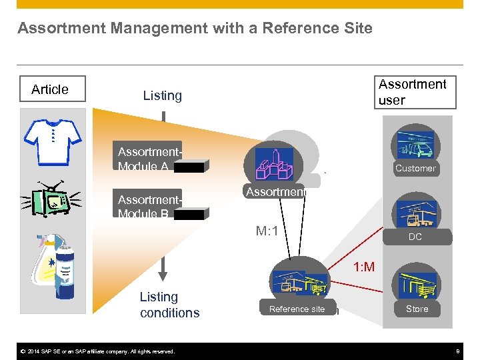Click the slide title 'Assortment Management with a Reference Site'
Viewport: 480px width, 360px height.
coord(195,29)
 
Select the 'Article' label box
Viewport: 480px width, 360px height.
coord(50,89)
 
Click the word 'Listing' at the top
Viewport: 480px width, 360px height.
coord(162,95)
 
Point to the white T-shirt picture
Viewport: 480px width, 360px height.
coord(53,137)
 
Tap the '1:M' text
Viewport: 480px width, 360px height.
coord(364,267)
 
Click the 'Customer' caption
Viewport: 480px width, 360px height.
coord(415,169)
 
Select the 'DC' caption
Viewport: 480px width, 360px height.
coord(415,237)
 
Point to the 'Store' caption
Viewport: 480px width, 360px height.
coord(417,309)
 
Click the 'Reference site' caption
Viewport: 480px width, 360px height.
coord(297,309)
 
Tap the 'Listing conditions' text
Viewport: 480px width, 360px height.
coord(169,305)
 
